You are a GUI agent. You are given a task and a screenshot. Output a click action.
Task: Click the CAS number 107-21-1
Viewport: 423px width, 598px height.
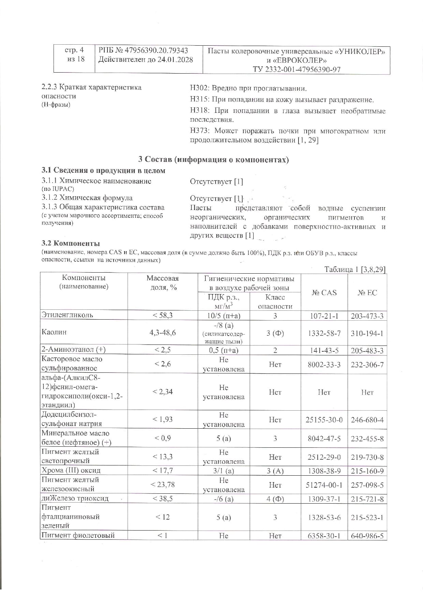tap(324, 316)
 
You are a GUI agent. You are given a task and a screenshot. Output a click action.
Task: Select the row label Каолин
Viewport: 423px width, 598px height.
tap(54, 332)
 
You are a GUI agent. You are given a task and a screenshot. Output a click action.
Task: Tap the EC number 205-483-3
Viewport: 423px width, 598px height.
tap(367, 351)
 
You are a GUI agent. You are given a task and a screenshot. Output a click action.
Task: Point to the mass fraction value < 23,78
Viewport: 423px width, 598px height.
tap(163, 484)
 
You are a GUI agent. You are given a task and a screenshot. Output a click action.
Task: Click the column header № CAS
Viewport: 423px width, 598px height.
tap(324, 293)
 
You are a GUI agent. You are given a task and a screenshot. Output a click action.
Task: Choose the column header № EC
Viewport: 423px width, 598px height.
tap(367, 293)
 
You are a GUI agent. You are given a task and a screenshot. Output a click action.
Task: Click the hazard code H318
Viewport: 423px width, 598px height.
tap(199, 111)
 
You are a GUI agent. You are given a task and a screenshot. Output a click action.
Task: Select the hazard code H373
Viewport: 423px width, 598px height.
tap(199, 131)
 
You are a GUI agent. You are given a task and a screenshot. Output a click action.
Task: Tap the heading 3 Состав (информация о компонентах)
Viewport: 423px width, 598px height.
tap(214, 159)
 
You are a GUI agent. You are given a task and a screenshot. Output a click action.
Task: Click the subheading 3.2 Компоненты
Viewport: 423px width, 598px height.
tap(71, 243)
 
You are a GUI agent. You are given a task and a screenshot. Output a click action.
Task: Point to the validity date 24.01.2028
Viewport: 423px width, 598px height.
tap(175, 60)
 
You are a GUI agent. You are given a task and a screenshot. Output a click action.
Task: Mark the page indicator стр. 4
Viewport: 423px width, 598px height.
tap(74, 50)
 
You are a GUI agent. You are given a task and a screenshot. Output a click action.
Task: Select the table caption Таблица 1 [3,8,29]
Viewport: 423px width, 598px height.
tap(355, 270)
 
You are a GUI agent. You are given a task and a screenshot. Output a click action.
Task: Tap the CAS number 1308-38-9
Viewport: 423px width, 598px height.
tap(324, 471)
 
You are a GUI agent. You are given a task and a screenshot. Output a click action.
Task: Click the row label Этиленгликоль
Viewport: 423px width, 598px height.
tap(67, 315)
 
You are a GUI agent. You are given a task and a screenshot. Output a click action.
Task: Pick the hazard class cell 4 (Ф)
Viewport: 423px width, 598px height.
tap(275, 499)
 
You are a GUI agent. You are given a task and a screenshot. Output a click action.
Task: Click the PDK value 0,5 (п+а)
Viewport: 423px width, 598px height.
tap(223, 350)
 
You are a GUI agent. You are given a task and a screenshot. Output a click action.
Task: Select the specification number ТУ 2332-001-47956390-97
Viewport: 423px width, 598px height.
tap(296, 70)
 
